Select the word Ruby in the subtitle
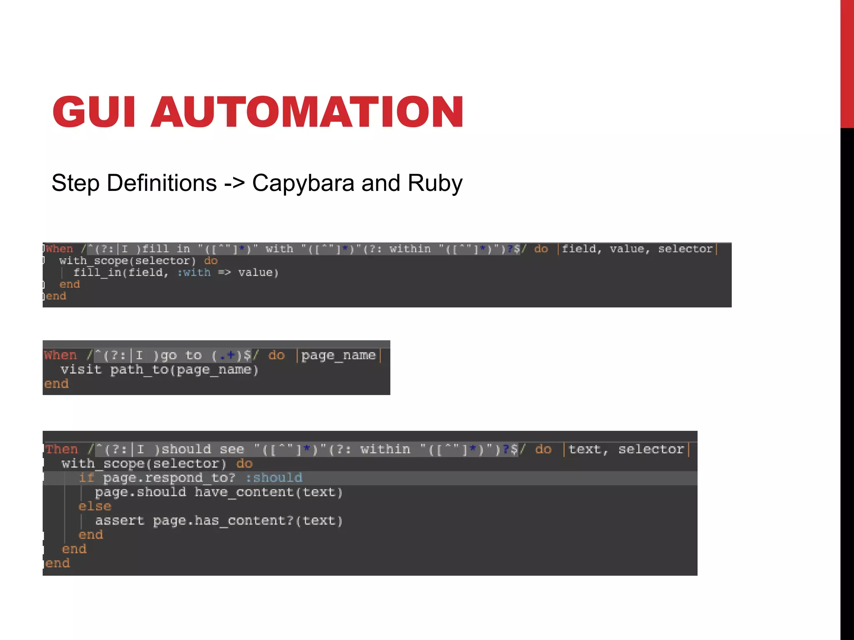point(435,183)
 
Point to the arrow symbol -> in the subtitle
point(234,183)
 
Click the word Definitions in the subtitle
point(162,183)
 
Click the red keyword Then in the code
point(62,449)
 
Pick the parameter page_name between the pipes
point(338,355)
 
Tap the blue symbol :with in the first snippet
point(194,272)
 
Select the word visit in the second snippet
point(81,370)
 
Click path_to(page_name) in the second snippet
point(184,370)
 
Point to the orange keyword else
point(95,506)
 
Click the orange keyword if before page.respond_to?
point(87,477)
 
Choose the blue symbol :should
point(274,477)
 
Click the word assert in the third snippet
point(119,520)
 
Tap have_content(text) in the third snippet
point(269,492)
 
